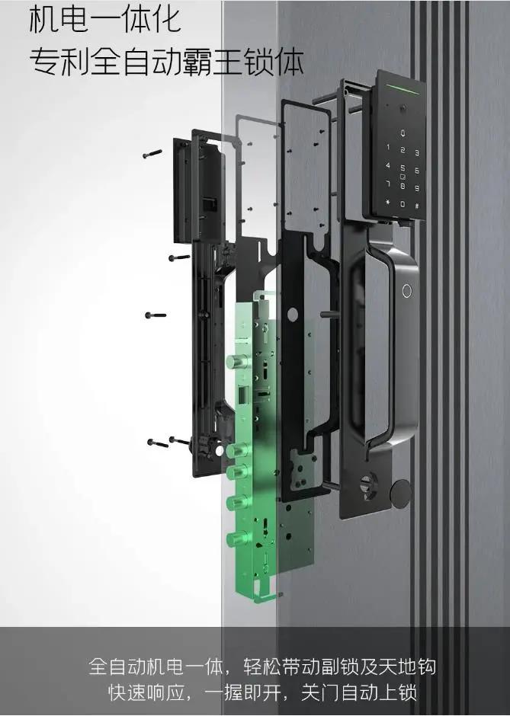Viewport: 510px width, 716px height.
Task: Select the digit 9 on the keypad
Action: coord(417,187)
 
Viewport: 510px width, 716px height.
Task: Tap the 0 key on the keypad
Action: coord(403,204)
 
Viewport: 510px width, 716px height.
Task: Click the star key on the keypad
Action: coord(388,203)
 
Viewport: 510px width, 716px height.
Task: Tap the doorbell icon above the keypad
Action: coord(403,134)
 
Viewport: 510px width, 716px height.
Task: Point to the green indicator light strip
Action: coord(403,88)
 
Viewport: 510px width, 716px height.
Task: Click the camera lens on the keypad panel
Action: coord(403,109)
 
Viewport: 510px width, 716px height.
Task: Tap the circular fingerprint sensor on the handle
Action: coord(407,291)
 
